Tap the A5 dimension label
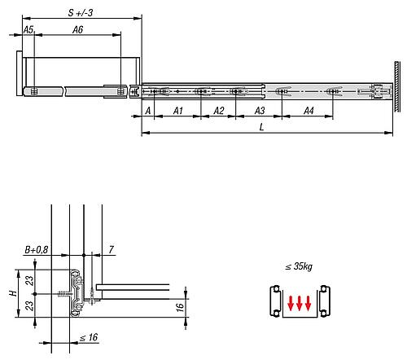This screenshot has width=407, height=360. pyautogui.click(x=28, y=29)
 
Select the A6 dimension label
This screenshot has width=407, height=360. pyautogui.click(x=77, y=29)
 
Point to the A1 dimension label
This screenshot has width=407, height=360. pyautogui.click(x=178, y=110)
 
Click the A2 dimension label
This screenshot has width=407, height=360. pyautogui.click(x=218, y=110)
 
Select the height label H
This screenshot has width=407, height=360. pyautogui.click(x=11, y=291)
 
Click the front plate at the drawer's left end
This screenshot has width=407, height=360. pyautogui.click(x=18, y=77)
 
